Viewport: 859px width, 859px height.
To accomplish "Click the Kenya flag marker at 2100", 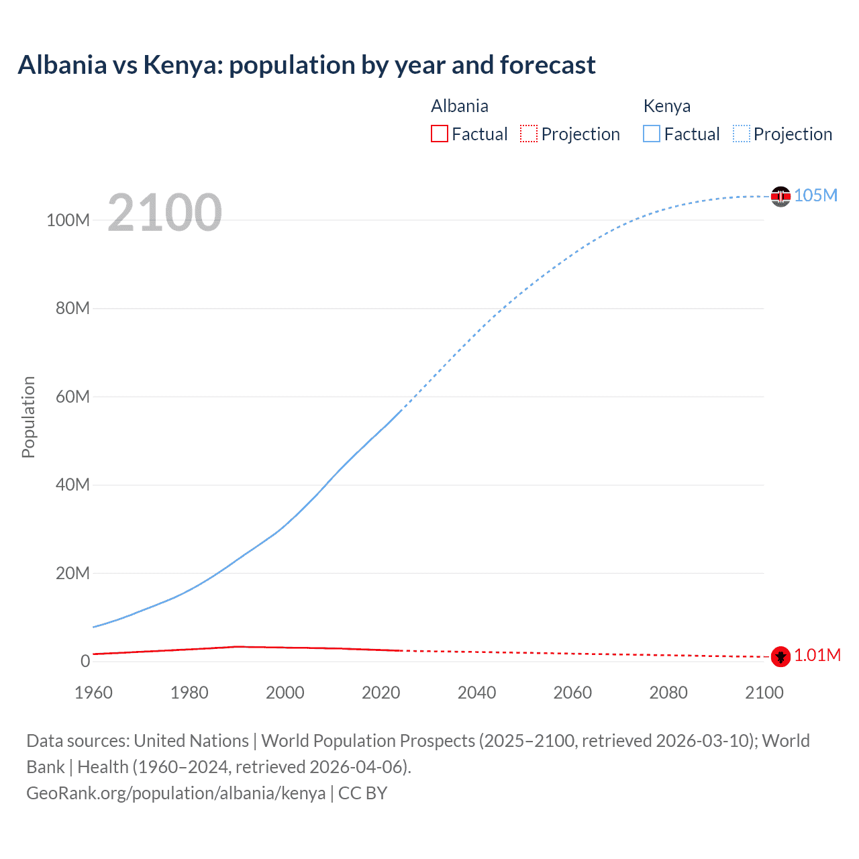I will pyautogui.click(x=780, y=196).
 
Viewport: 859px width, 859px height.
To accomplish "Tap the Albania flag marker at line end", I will pyautogui.click(x=780, y=656).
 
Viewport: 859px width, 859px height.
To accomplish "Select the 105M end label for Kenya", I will pyautogui.click(x=815, y=195).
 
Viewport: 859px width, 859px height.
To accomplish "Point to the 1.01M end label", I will pyautogui.click(x=817, y=656).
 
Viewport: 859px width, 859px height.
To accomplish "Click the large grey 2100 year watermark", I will pyautogui.click(x=164, y=213).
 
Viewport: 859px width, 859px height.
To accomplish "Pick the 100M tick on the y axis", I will pyautogui.click(x=68, y=220).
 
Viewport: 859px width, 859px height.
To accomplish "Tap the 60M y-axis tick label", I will pyautogui.click(x=72, y=397).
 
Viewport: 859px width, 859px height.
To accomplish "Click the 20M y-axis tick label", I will pyautogui.click(x=72, y=573).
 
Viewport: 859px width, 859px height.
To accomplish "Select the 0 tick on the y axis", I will pyautogui.click(x=85, y=661).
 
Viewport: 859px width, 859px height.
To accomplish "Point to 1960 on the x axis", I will pyautogui.click(x=93, y=693).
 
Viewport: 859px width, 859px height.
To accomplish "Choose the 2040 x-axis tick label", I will pyautogui.click(x=476, y=693).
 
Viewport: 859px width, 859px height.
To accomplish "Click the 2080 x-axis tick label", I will pyautogui.click(x=668, y=693).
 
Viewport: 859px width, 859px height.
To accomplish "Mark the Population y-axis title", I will pyautogui.click(x=28, y=417).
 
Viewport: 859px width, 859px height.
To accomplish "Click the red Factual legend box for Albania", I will pyautogui.click(x=440, y=134).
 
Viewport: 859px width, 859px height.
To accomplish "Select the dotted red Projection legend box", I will pyautogui.click(x=529, y=134).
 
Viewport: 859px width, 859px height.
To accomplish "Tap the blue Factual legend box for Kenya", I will pyautogui.click(x=652, y=134).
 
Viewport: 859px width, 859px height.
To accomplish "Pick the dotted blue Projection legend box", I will pyautogui.click(x=742, y=134).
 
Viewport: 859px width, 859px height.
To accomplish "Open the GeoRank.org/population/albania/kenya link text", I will pyautogui.click(x=176, y=793).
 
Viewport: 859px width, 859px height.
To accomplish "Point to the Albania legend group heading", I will pyautogui.click(x=460, y=106).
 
